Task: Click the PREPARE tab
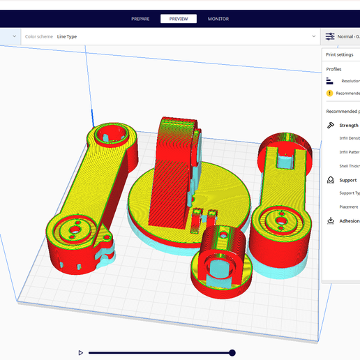pyautogui.click(x=140, y=19)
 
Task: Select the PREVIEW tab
pyautogui.click(x=179, y=19)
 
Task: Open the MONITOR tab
pyautogui.click(x=218, y=19)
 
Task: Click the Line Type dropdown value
pyautogui.click(x=67, y=36)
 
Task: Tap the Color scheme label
pyautogui.click(x=39, y=36)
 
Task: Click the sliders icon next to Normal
pyautogui.click(x=330, y=36)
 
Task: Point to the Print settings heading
pyautogui.click(x=340, y=54)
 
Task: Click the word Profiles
pyautogui.click(x=334, y=69)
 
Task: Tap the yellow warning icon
pyautogui.click(x=329, y=93)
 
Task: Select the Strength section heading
pyautogui.click(x=348, y=126)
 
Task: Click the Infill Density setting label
pyautogui.click(x=350, y=138)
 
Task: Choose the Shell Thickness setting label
pyautogui.click(x=350, y=165)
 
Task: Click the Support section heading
pyautogui.click(x=347, y=180)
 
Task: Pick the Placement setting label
pyautogui.click(x=349, y=207)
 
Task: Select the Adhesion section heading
pyautogui.click(x=349, y=221)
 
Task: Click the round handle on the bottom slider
pyautogui.click(x=232, y=353)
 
